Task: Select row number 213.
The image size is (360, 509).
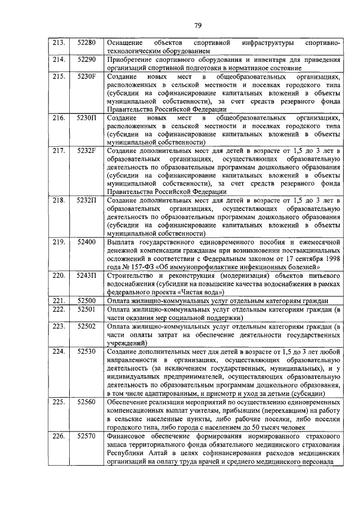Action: [59, 43]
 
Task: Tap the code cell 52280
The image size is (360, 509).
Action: [87, 43]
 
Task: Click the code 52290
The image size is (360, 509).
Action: [87, 59]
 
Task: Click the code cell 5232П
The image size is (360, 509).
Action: [87, 200]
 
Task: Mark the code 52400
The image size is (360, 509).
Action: [87, 242]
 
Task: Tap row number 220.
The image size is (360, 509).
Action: [59, 275]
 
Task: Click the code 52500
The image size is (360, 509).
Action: [87, 300]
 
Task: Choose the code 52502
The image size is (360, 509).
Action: [87, 326]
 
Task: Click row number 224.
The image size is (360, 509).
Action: [59, 351]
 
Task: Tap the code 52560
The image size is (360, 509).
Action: [87, 402]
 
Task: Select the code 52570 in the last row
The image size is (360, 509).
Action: [87, 436]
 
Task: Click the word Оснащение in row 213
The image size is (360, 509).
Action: [125, 43]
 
